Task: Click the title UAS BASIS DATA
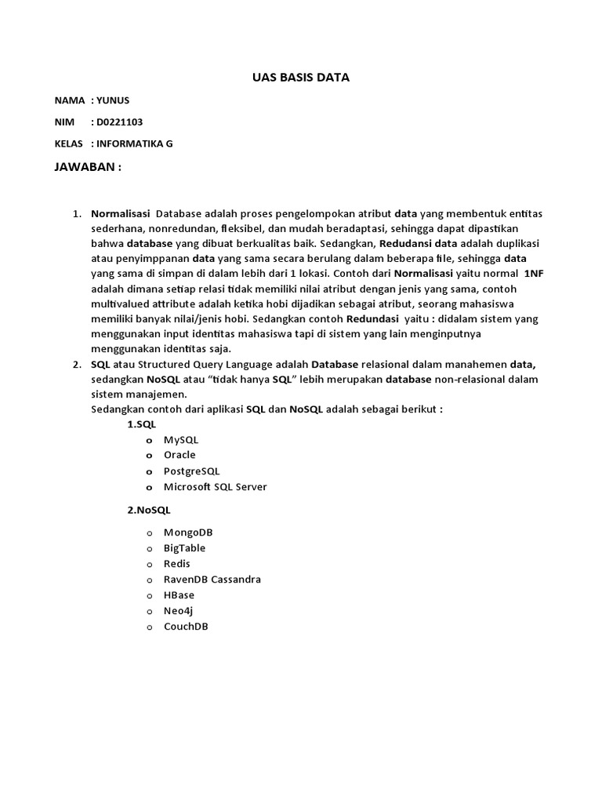301,78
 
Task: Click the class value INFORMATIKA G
135,144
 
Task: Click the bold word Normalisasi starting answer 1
121,213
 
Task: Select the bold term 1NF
532,274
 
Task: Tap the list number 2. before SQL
77,365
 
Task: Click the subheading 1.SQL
142,424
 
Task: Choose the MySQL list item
181,440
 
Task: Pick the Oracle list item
180,455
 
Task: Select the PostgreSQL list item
191,471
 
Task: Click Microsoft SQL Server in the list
215,487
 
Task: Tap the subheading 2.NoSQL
149,510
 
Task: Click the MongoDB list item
188,532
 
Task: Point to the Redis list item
176,564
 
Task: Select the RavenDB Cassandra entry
212,580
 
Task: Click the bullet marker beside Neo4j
148,611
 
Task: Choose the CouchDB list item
186,627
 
